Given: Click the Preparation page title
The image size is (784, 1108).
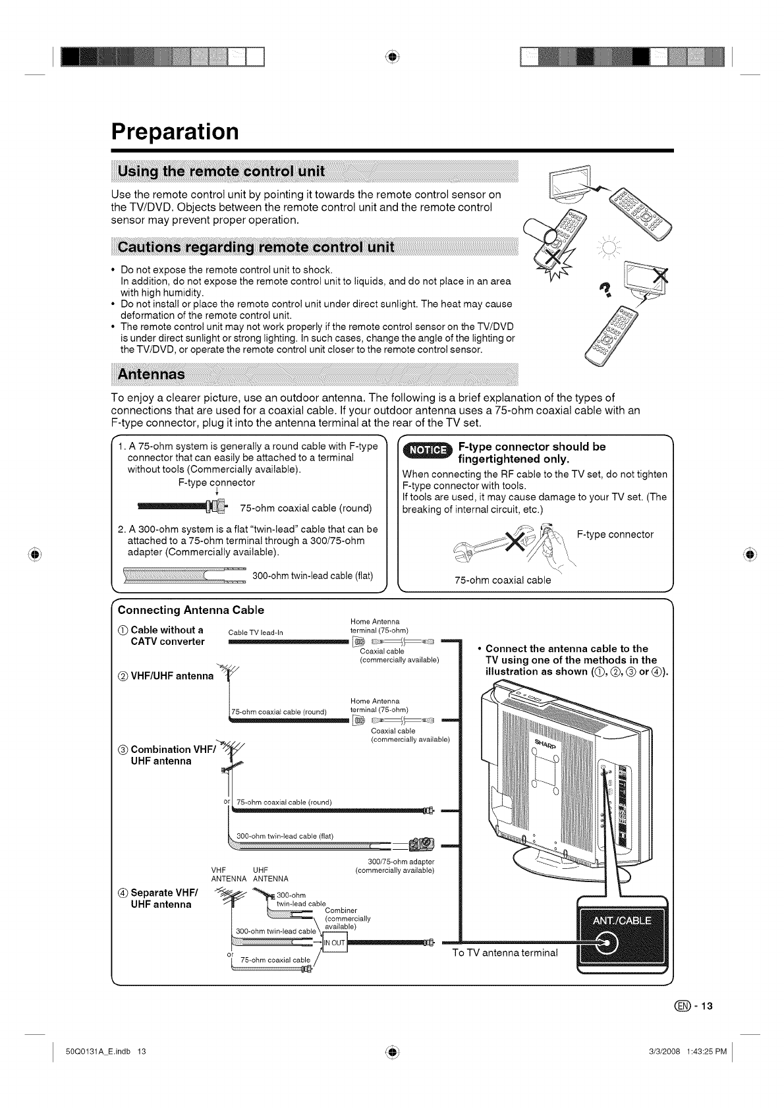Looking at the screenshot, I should coord(175,132).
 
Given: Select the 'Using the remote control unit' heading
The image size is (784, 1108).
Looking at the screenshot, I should coord(221,173).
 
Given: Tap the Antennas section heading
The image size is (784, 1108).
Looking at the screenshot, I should coord(151,374).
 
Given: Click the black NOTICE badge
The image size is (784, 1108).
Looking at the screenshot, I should coord(428,451).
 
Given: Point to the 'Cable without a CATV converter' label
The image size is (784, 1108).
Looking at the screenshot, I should coord(167,636).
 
